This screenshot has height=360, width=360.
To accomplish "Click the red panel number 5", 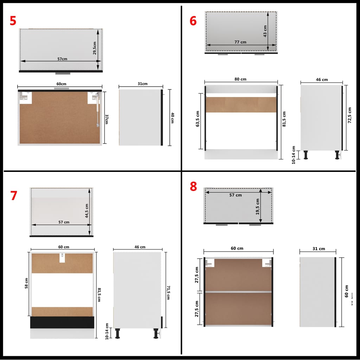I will [13, 20].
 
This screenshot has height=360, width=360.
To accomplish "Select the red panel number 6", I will [193, 21].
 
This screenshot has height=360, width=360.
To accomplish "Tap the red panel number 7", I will [14, 195].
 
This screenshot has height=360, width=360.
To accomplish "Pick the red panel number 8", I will [193, 187].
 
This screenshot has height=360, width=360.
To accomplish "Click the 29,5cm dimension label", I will [95, 48].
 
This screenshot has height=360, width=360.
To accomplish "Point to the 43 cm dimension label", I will [265, 31].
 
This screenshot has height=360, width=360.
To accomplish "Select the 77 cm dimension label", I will [240, 42].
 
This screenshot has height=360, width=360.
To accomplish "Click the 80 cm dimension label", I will [240, 79].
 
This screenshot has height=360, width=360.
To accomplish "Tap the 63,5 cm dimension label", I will [198, 119].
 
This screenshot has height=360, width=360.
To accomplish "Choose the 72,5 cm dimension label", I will [349, 116].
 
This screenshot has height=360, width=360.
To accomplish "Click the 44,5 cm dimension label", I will [87, 211].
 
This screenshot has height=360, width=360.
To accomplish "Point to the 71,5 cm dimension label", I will [168, 292].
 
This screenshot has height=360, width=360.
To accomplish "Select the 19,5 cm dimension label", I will [257, 206].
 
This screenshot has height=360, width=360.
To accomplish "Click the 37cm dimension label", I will [106, 119].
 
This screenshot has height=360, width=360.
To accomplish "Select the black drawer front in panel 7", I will [62, 322].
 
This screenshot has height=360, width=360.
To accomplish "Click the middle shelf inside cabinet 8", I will [238, 292].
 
